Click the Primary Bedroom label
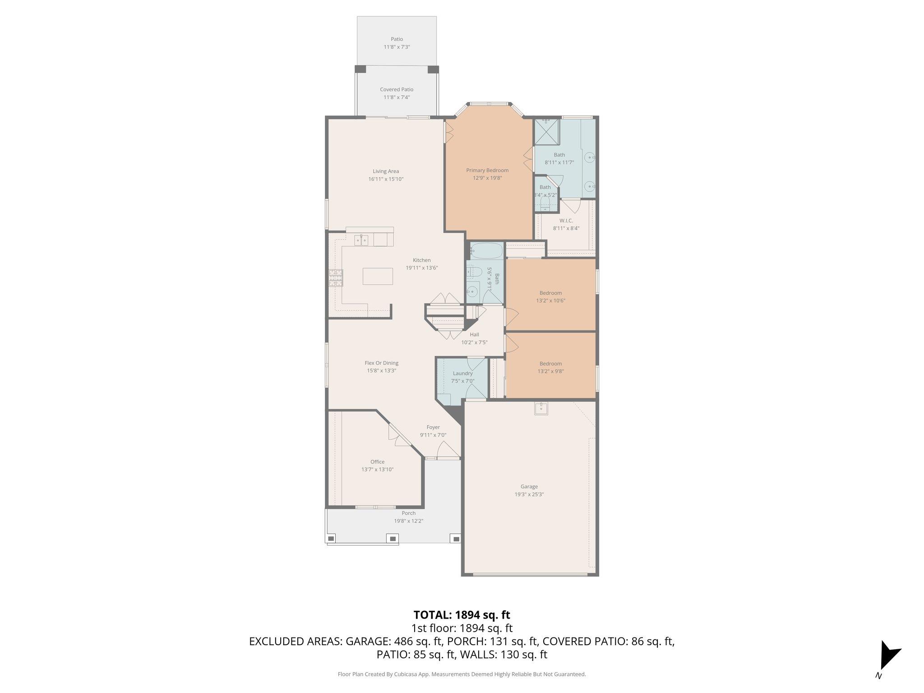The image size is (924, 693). tap(487, 170)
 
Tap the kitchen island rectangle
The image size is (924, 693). tap(378, 276)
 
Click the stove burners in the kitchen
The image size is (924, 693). tap(336, 278)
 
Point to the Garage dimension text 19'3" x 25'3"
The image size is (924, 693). tap(529, 494)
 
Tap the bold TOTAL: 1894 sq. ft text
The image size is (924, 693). tap(462, 614)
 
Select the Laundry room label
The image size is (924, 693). tap(462, 373)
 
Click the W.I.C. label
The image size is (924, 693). tap(566, 221)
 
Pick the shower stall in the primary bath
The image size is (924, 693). tap(546, 132)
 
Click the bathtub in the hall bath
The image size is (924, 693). tap(486, 251)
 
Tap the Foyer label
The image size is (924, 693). tap(433, 427)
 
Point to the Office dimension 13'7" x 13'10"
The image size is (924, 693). tap(377, 469)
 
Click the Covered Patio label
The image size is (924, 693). tap(397, 89)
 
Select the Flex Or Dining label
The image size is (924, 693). tap(381, 363)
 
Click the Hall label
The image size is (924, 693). tap(474, 334)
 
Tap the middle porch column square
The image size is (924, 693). tap(393, 538)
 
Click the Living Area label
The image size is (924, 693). tap(386, 171)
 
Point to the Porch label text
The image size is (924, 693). tap(408, 513)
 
